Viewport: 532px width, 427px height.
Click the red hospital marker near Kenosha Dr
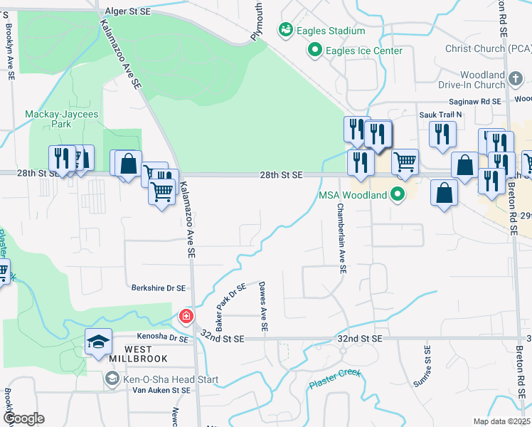click(186, 316)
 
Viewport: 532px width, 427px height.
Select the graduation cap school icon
click(99, 342)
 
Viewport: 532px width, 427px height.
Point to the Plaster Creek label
click(335, 379)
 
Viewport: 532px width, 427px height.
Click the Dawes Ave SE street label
click(263, 306)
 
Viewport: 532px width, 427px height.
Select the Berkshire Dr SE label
click(158, 288)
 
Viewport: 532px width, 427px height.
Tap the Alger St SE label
click(127, 11)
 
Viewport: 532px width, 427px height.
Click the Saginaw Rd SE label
click(481, 102)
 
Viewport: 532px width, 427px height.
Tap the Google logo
click(23, 418)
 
